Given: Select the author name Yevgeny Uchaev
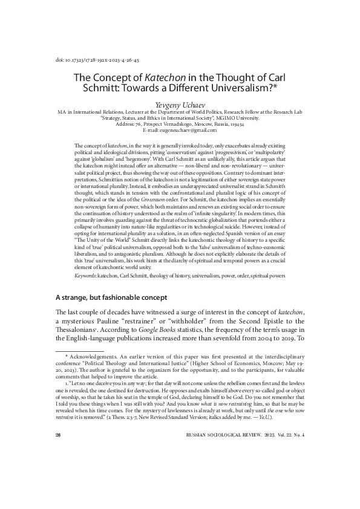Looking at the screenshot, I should coord(180,104).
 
